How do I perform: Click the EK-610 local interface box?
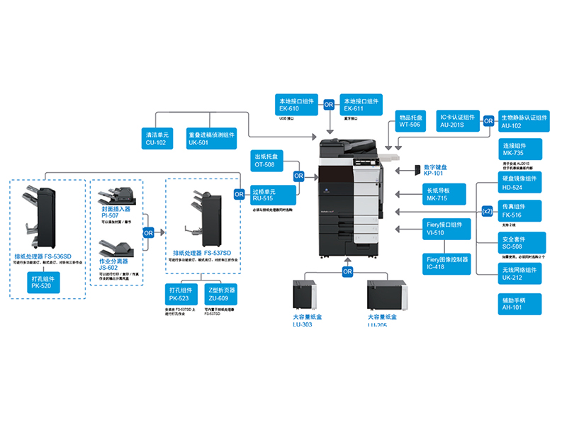click(298, 105)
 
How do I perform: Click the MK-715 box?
click(445, 195)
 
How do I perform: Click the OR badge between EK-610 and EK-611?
click(329, 105)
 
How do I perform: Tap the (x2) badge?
click(487, 211)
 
